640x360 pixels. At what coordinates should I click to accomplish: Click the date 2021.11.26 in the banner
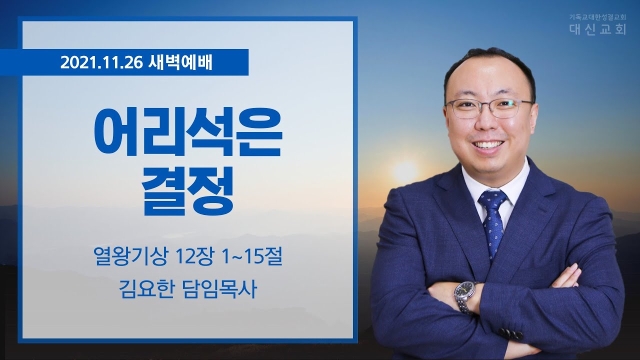(x=101, y=63)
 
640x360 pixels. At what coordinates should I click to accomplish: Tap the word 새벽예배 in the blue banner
(x=180, y=62)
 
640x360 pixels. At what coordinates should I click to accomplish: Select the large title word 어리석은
(x=188, y=131)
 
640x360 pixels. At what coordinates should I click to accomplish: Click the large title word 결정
(x=187, y=190)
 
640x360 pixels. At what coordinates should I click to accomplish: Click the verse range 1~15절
(x=252, y=256)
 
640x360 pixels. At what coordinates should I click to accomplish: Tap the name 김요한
(x=146, y=289)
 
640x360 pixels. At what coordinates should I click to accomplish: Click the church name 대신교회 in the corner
(x=597, y=29)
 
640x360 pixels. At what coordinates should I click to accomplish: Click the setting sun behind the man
(x=405, y=171)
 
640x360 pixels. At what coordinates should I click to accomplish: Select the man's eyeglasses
(x=489, y=109)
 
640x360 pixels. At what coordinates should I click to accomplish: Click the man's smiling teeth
(x=491, y=144)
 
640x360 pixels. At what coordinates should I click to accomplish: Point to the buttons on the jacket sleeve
(x=510, y=333)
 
